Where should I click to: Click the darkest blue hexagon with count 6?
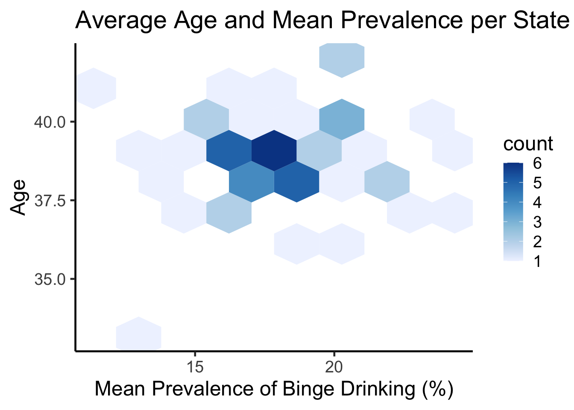274,150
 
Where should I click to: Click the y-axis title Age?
18,197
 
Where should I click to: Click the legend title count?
528,144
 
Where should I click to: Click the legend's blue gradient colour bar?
513,212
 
